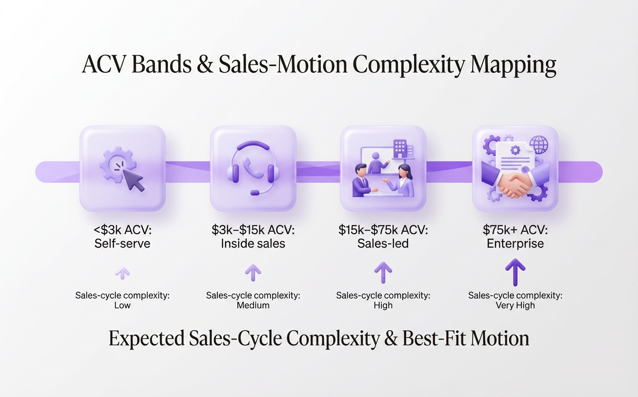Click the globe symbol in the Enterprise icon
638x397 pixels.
coord(538,144)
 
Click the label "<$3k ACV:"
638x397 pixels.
coord(122,230)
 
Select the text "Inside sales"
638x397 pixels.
coord(253,243)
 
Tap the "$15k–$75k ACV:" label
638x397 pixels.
coord(383,230)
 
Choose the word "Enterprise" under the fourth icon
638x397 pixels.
coord(515,243)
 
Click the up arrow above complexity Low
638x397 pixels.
coord(123,273)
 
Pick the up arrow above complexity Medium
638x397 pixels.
coord(253,272)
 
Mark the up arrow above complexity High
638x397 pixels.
coord(383,272)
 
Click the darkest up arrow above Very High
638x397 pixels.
coord(515,272)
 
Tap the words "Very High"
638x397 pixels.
coord(515,306)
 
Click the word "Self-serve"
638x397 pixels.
coord(122,243)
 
